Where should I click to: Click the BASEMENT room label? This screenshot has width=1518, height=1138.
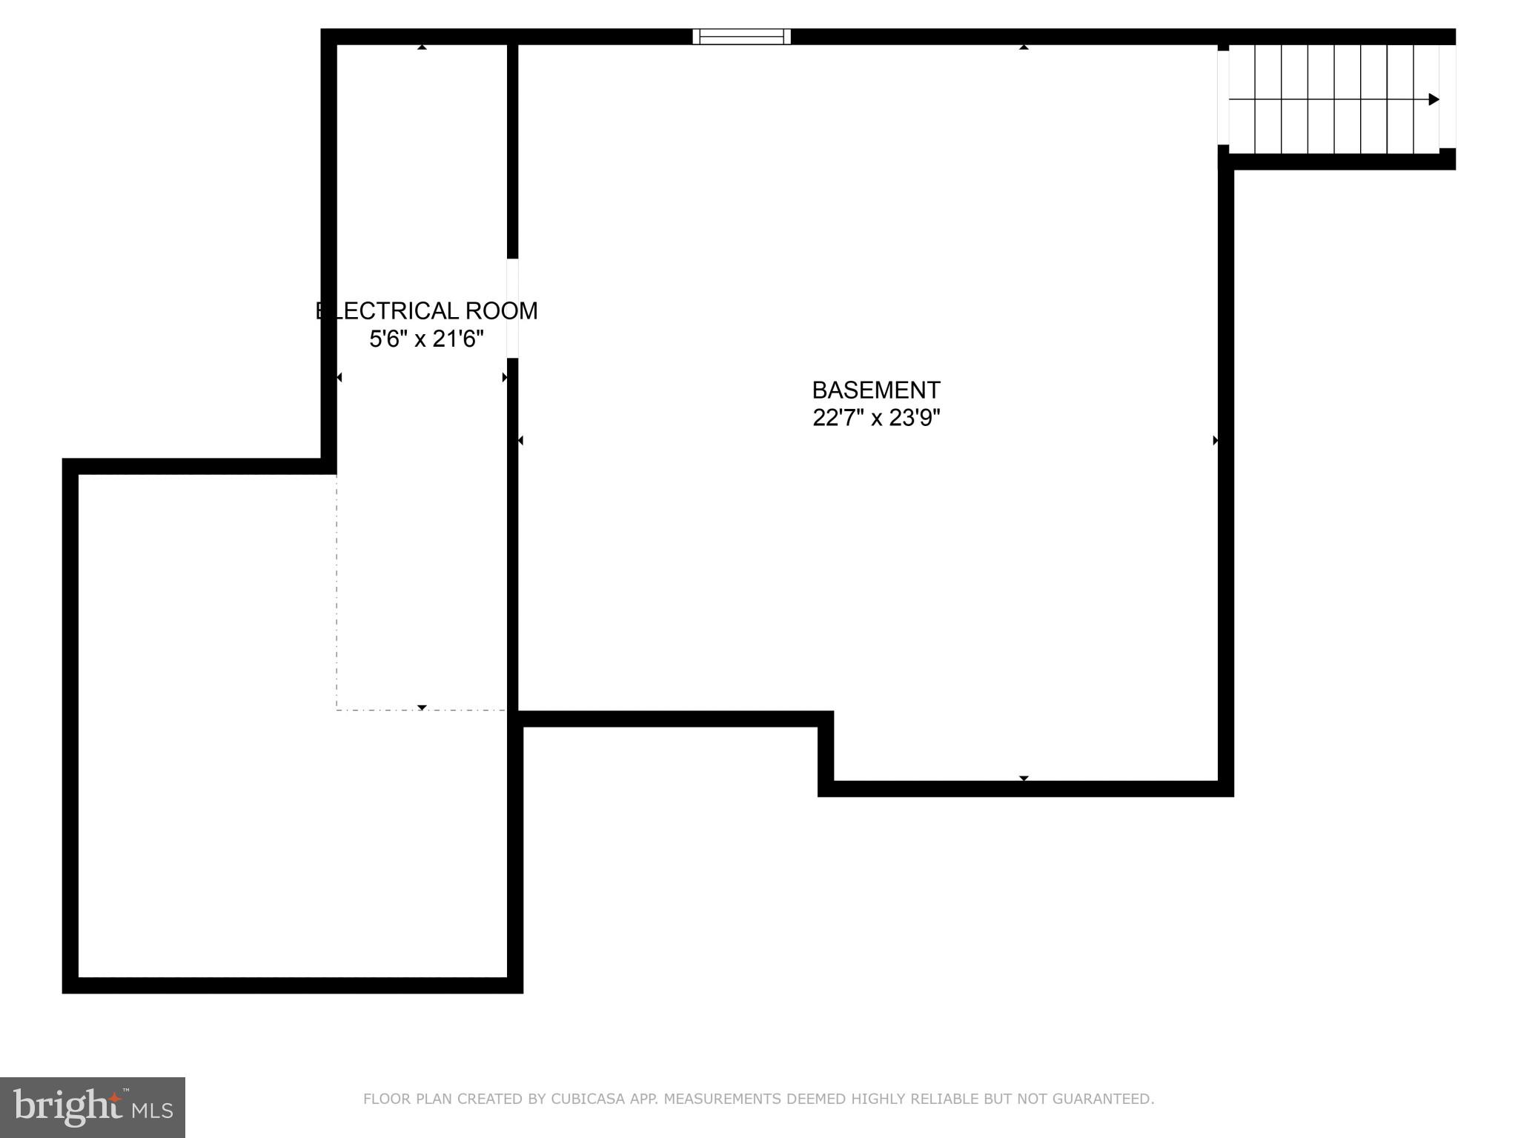pos(876,390)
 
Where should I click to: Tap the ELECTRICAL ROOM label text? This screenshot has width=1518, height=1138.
pos(427,310)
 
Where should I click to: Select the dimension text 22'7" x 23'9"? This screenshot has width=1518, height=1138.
pos(876,418)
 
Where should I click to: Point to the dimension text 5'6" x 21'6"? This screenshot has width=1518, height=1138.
pos(427,339)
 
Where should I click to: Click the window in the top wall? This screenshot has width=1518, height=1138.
pos(741,36)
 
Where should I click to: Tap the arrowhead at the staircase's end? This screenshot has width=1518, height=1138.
pos(1434,99)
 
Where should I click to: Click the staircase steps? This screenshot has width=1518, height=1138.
pos(1333,99)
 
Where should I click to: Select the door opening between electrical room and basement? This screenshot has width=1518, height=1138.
pos(512,308)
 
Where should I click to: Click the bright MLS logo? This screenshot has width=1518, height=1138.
pos(93,1108)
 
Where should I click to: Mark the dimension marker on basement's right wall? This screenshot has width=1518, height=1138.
pos(1215,440)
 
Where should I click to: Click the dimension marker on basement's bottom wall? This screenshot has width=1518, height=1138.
pos(1024,778)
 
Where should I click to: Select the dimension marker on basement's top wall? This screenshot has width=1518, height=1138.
pos(1024,47)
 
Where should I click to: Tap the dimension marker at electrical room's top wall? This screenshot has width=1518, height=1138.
pos(422,47)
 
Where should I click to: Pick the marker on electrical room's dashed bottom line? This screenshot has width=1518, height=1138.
pos(422,708)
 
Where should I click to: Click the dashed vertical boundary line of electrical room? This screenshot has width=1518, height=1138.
pos(337,593)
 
